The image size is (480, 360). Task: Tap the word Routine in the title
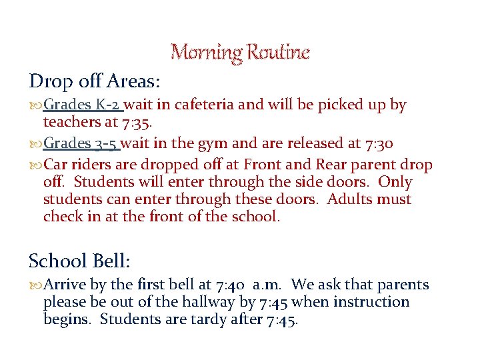tap(279, 52)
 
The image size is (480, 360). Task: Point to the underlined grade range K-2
tap(108, 105)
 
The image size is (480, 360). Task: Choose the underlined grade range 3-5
tap(107, 143)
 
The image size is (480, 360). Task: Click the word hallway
tap(202, 302)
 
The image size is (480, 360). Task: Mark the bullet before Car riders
tap(35, 165)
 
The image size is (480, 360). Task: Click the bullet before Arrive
tap(35, 285)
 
